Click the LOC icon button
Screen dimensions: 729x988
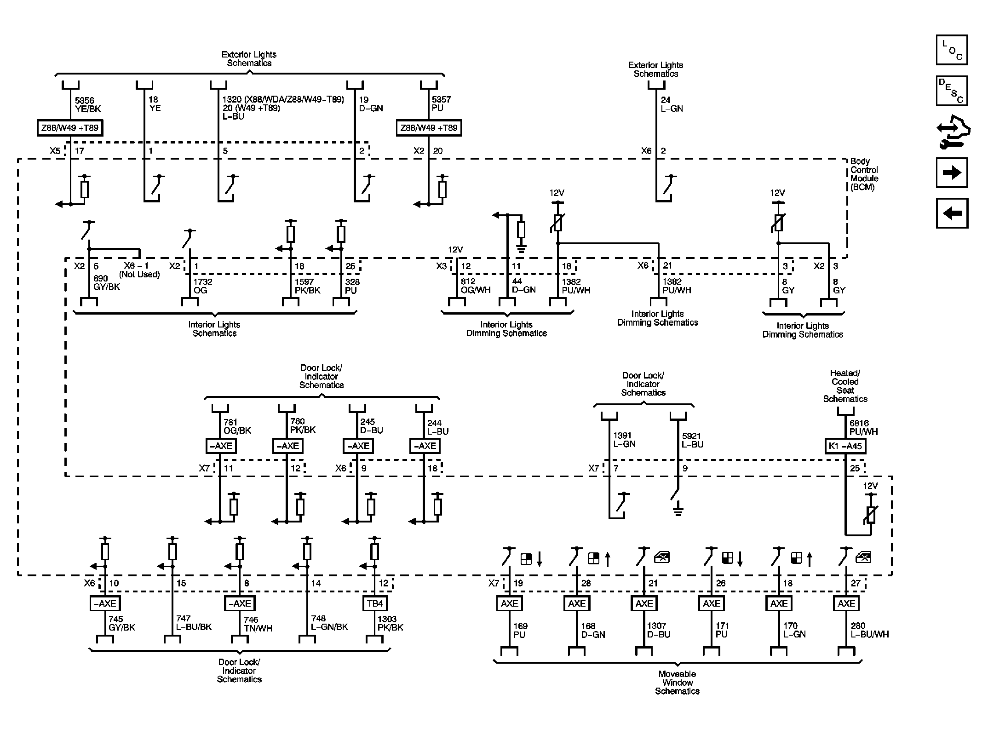point(952,50)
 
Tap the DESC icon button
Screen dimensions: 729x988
point(952,91)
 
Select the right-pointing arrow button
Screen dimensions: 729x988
point(952,172)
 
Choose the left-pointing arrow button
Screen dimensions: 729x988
point(952,213)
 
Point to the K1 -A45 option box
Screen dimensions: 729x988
point(845,446)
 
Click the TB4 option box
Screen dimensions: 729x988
point(375,603)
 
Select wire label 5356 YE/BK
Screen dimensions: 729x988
point(88,104)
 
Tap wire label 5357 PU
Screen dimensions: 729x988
point(441,104)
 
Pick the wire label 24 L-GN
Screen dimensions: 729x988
point(672,104)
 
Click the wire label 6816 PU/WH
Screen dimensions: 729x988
point(863,427)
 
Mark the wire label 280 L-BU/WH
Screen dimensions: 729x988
point(869,630)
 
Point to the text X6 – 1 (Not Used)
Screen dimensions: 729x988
point(139,270)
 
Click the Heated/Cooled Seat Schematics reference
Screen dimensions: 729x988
point(845,386)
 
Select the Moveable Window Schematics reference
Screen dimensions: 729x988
point(677,682)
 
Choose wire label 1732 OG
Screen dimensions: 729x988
point(202,286)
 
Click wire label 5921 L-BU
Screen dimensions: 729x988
point(692,440)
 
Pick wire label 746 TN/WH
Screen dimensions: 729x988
point(258,624)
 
